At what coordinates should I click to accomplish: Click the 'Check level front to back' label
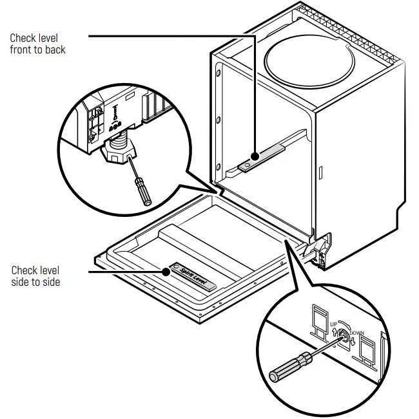pyautogui.click(x=37, y=44)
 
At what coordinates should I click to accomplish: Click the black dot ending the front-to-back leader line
pyautogui.click(x=256, y=156)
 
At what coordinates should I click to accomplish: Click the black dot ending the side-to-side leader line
pyautogui.click(x=166, y=272)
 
